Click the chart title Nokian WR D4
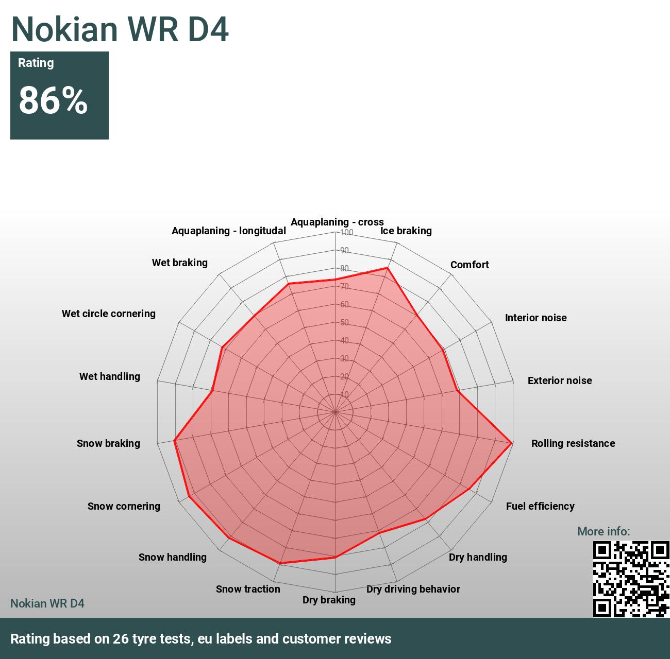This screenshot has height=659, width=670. click(120, 29)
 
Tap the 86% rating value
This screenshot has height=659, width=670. click(53, 100)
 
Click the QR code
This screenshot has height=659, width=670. click(630, 579)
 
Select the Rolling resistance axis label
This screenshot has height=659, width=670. click(573, 443)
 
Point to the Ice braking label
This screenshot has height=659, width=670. click(406, 231)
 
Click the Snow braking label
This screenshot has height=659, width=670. click(108, 443)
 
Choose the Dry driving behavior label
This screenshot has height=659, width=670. click(413, 589)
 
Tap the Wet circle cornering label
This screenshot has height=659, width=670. click(109, 314)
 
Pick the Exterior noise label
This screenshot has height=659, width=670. click(560, 380)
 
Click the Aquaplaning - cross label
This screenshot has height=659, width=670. click(337, 222)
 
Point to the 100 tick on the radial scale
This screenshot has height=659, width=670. click(346, 232)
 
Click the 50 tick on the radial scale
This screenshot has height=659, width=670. click(344, 322)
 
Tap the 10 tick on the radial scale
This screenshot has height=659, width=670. click(344, 394)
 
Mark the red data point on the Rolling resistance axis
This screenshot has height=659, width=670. click(511, 443)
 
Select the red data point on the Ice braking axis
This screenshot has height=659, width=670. click(388, 268)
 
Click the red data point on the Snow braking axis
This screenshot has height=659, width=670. click(175, 440)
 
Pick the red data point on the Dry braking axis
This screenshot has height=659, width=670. click(335, 557)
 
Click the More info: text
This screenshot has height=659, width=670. click(604, 531)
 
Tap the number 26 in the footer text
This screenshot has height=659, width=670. click(121, 639)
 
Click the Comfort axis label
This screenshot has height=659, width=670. click(470, 265)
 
